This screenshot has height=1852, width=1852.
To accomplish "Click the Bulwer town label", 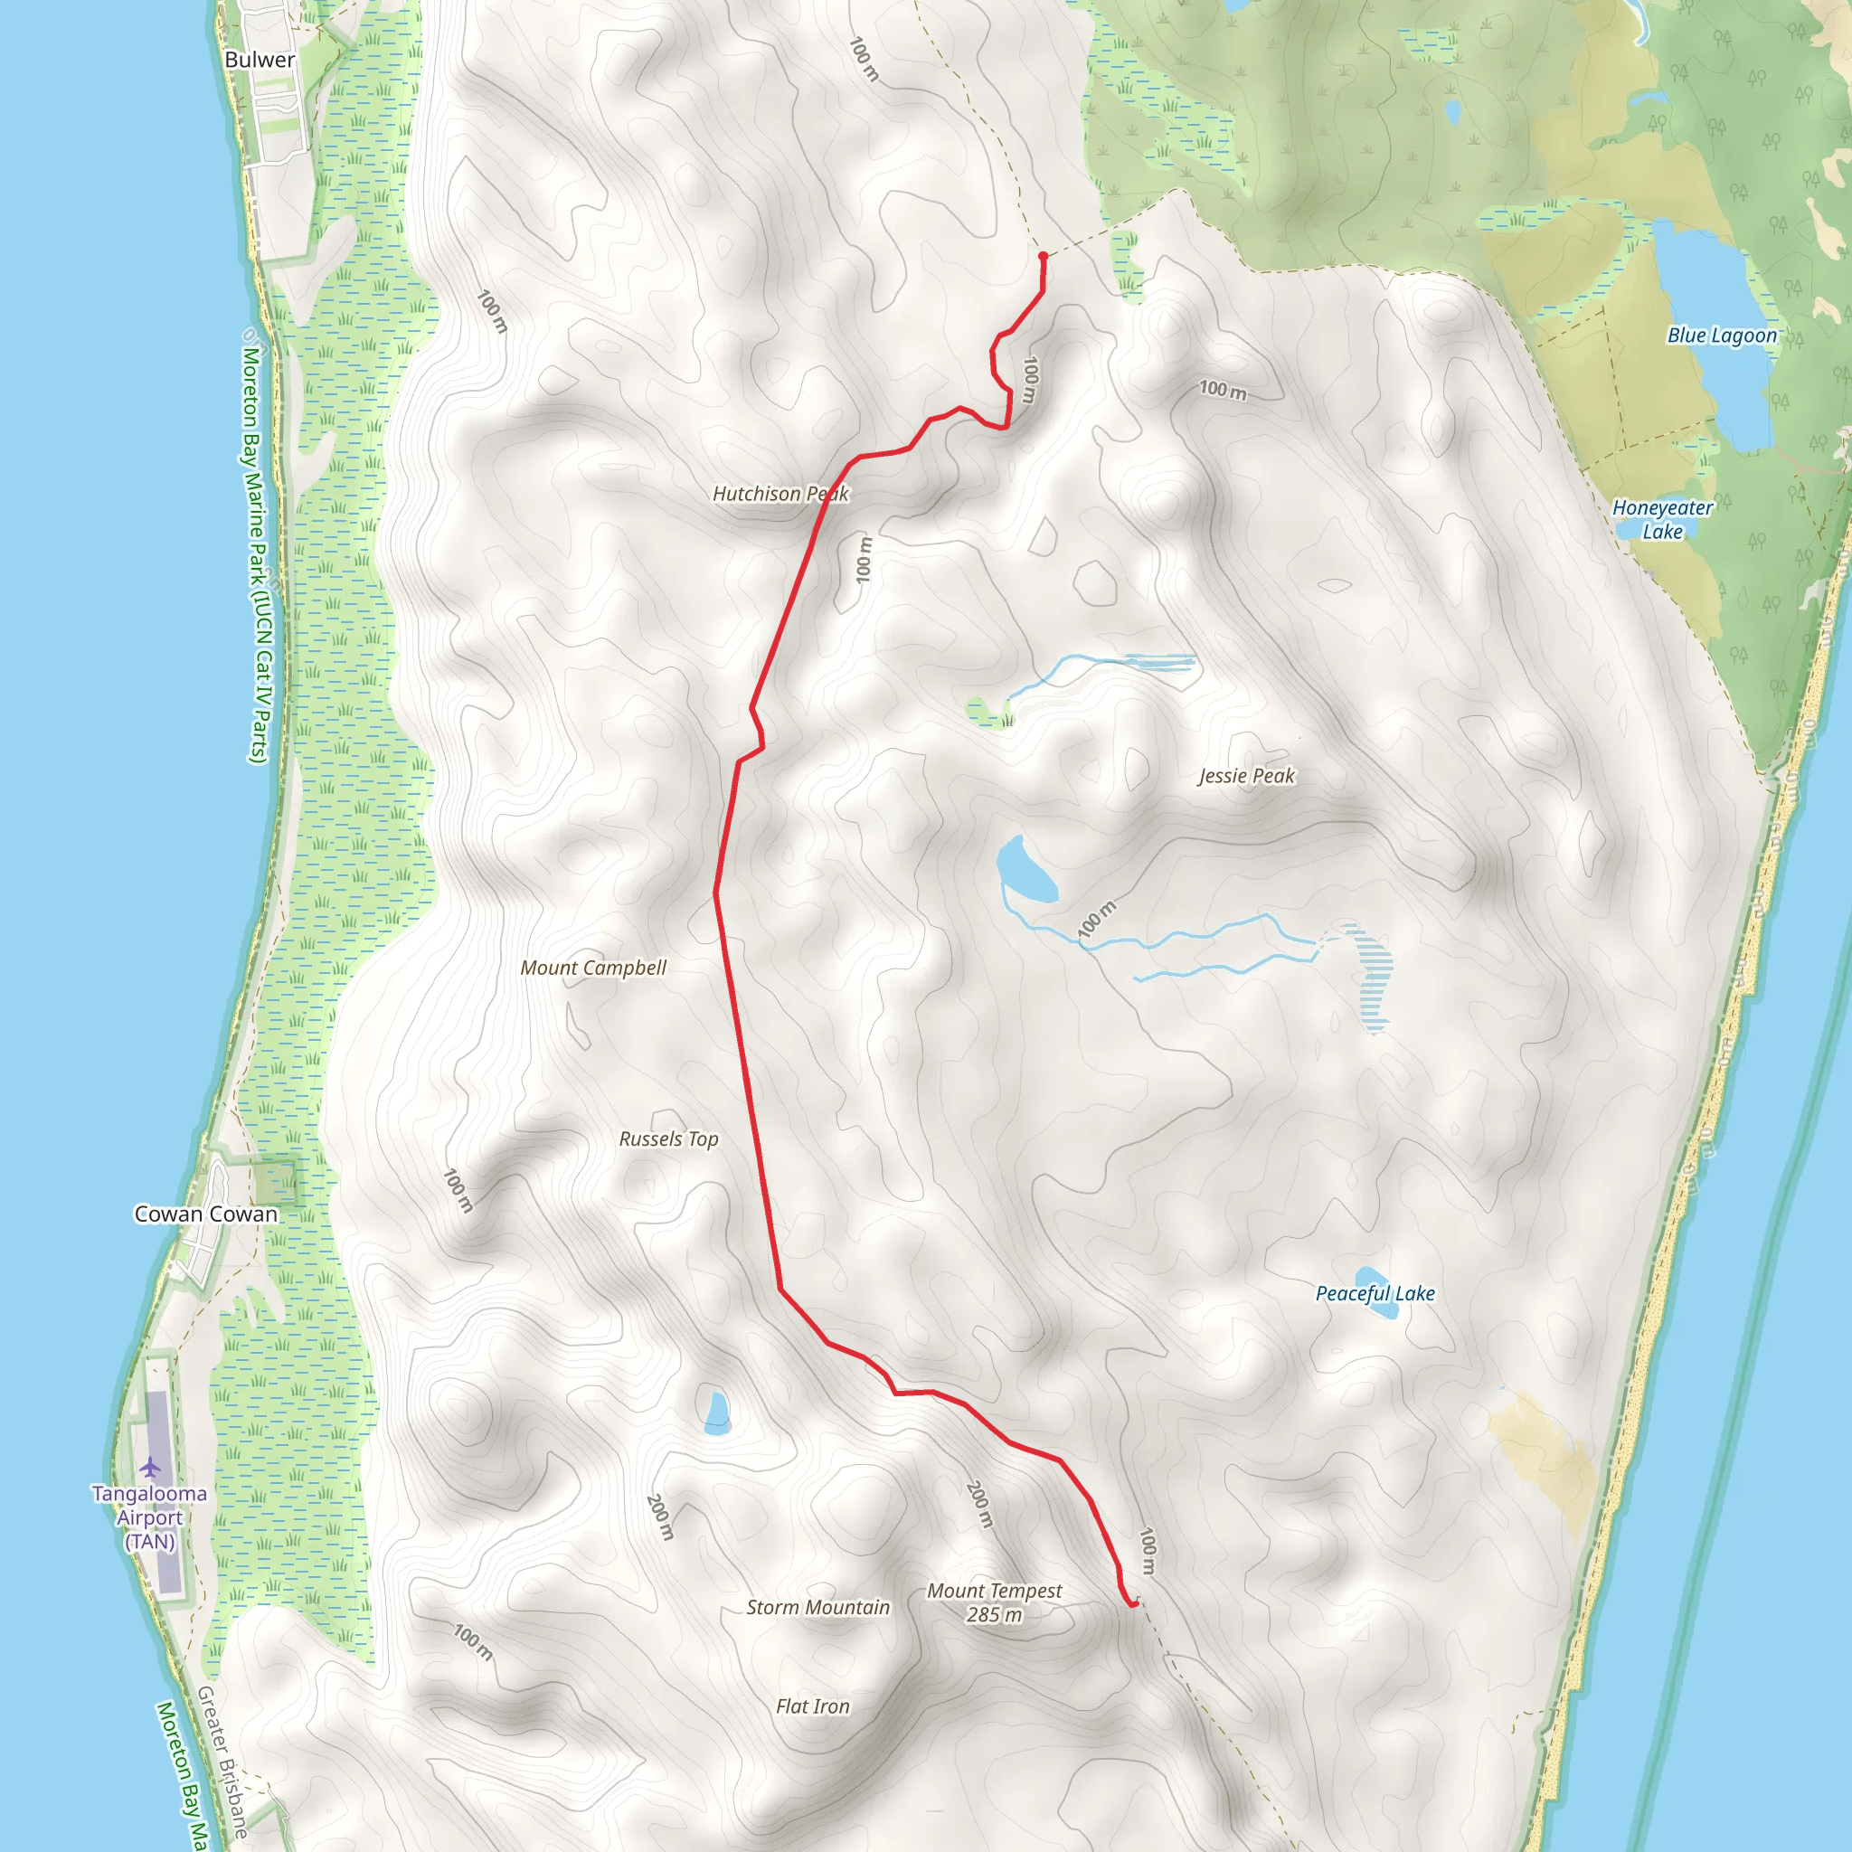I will click(259, 60).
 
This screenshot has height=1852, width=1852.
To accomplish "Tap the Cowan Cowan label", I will click(206, 1214).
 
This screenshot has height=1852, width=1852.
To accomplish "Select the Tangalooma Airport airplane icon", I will click(150, 1467).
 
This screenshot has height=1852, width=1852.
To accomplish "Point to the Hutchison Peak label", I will click(780, 494).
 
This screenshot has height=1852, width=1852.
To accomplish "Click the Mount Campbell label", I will click(592, 969).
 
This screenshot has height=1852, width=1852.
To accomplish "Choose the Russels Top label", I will click(668, 1139).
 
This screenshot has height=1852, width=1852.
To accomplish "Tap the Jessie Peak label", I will click(1246, 776).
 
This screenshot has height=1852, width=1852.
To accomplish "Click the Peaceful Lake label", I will click(1375, 1293).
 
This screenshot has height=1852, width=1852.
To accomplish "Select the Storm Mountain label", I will click(817, 1608).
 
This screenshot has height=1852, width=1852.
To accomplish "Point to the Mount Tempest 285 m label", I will click(994, 1602).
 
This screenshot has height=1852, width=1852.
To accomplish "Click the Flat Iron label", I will click(813, 1706).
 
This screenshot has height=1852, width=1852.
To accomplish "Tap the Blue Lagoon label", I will click(1722, 335).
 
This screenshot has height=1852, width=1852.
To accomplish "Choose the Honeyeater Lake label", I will click(1662, 520).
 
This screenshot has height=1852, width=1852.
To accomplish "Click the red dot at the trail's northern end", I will click(1043, 256).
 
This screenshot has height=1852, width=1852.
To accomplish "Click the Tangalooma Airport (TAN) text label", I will click(149, 1517).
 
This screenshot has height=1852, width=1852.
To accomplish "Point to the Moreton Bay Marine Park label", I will click(257, 556).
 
